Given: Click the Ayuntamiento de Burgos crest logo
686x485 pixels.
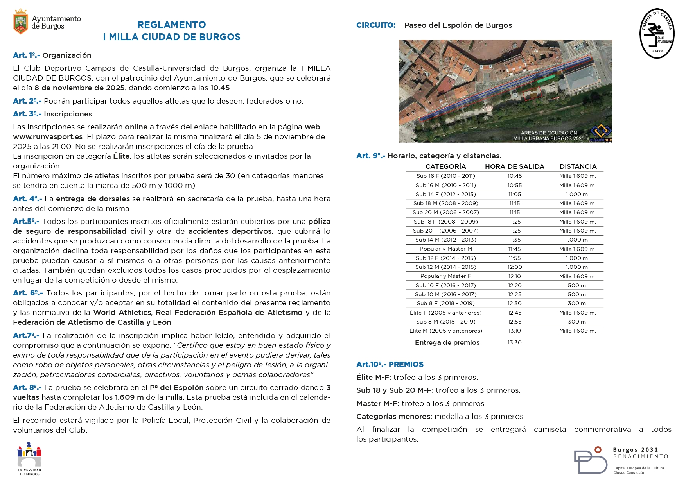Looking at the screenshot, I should pyautogui.click(x=21, y=21).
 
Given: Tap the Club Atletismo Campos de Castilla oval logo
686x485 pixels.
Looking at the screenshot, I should pyautogui.click(x=657, y=34).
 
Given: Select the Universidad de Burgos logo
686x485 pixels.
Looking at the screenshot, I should pyautogui.click(x=29, y=458).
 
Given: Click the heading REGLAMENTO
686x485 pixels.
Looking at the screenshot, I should pyautogui.click(x=172, y=25).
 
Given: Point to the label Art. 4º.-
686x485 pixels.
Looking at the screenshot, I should pyautogui.click(x=27, y=199).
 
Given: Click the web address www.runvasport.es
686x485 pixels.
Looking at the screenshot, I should pyautogui.click(x=48, y=137).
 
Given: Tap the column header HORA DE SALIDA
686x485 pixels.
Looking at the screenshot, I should pyautogui.click(x=514, y=166).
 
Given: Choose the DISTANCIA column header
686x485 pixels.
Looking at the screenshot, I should pyautogui.click(x=578, y=166).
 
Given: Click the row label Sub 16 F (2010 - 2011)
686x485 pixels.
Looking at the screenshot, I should pyautogui.click(x=445, y=176).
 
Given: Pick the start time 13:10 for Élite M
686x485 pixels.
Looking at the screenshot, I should pyautogui.click(x=514, y=331).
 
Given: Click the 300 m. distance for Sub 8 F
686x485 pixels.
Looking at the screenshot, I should pyautogui.click(x=577, y=303).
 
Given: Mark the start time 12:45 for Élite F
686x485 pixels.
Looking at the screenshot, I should pyautogui.click(x=514, y=313).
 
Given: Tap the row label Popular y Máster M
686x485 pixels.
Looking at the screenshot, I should pyautogui.click(x=445, y=249).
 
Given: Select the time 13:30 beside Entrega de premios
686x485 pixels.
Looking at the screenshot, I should pyautogui.click(x=514, y=342).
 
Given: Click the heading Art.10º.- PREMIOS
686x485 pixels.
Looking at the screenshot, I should pyautogui.click(x=390, y=364).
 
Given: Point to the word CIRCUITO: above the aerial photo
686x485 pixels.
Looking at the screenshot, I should pyautogui.click(x=376, y=25).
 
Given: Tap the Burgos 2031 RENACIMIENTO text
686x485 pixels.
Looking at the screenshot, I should pyautogui.click(x=640, y=453).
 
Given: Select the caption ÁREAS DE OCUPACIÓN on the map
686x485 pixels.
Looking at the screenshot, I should pyautogui.click(x=549, y=133).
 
